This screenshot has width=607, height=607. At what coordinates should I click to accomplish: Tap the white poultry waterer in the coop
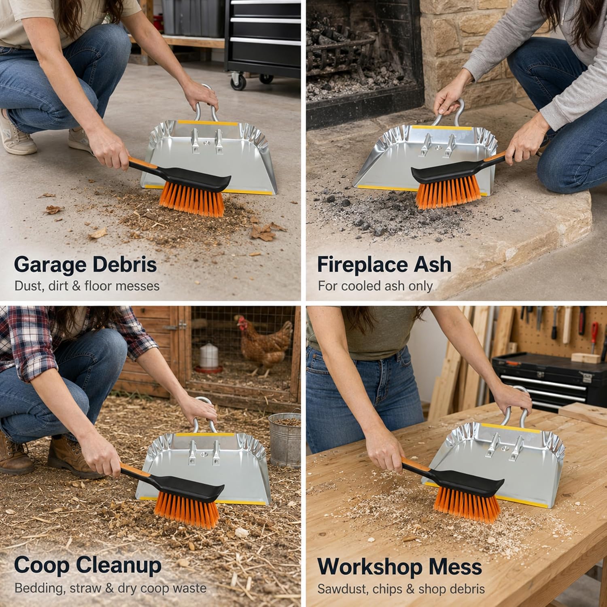click(x=208, y=359)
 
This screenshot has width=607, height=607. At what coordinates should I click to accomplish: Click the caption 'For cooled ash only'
click(x=375, y=286)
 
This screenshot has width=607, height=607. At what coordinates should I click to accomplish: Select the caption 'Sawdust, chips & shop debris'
click(x=401, y=588)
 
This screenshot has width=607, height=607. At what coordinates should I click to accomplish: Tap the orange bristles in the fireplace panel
click(x=448, y=191)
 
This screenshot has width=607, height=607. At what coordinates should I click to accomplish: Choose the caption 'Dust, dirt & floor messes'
click(x=87, y=286)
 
